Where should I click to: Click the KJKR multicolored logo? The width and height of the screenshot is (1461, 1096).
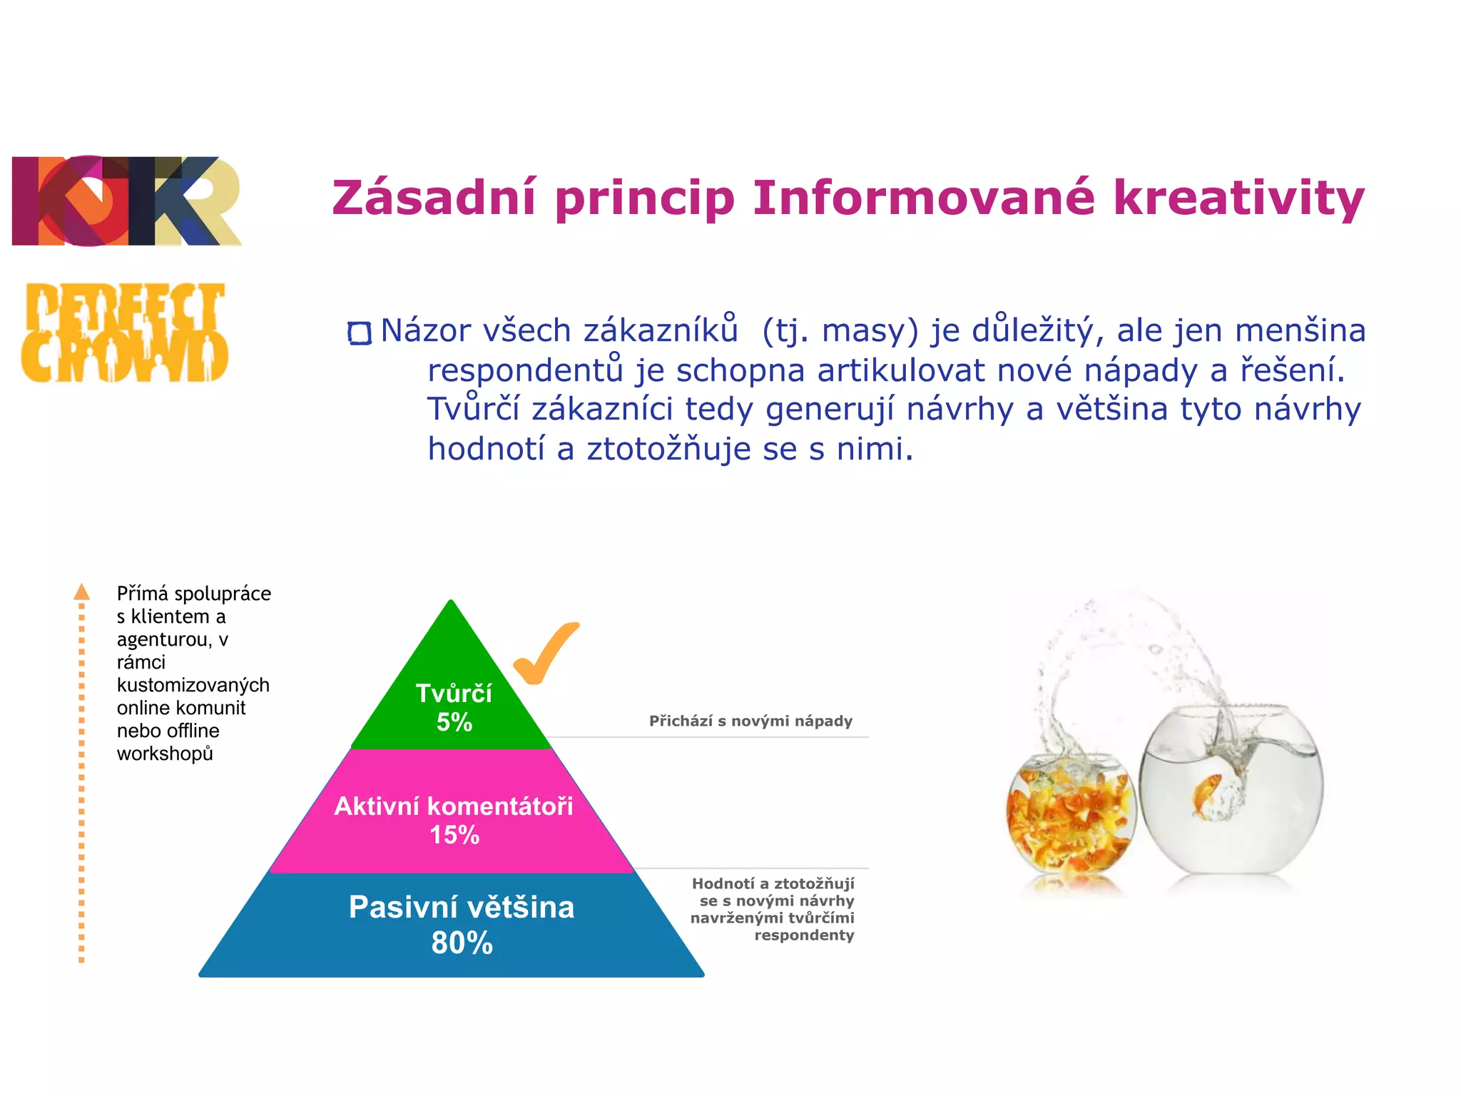pos(126,201)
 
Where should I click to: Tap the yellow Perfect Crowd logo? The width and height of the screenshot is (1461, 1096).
pos(125,333)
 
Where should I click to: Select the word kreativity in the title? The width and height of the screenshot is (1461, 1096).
pos(1238,198)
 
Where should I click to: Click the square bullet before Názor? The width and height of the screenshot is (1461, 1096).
pos(360,333)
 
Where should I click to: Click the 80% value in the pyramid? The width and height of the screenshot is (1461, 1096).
pos(462,943)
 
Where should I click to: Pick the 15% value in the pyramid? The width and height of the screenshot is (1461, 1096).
pos(454,835)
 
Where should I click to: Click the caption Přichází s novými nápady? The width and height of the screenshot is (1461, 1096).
pos(750,721)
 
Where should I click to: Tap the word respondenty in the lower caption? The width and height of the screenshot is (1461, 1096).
pos(804,935)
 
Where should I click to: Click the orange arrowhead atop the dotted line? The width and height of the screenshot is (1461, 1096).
pos(82,592)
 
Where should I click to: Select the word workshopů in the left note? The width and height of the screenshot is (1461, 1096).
pos(165,754)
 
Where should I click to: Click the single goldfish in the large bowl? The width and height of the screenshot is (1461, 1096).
pos(1206,793)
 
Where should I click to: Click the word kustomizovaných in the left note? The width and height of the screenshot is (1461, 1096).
pos(193,686)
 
